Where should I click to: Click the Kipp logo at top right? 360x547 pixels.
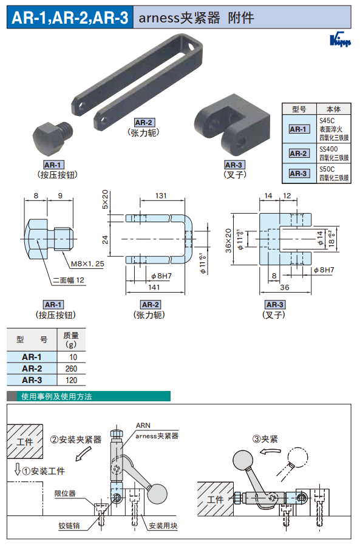tap(340, 39)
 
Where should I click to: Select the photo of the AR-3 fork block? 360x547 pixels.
tap(232, 123)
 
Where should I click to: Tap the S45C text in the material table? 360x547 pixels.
tap(327, 121)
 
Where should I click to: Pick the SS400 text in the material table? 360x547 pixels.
tap(328, 149)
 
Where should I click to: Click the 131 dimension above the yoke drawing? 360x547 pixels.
tap(161, 195)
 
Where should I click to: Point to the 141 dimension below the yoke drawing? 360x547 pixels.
tap(154, 287)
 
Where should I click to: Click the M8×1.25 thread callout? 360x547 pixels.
tap(87, 263)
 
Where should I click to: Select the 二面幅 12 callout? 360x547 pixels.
tap(69, 280)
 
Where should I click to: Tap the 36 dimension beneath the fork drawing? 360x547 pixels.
tap(285, 287)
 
